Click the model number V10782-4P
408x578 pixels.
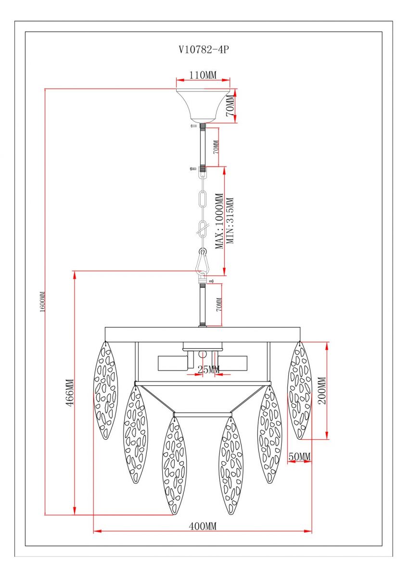click(204, 50)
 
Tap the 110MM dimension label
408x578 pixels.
click(203, 75)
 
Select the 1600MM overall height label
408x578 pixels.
click(42, 302)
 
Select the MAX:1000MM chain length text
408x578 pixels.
click(219, 221)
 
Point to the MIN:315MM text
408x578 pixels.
click(229, 221)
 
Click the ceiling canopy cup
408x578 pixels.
click(203, 106)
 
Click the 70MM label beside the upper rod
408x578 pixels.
click(216, 147)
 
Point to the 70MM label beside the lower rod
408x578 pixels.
click(219, 304)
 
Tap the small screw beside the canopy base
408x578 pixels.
click(193, 126)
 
